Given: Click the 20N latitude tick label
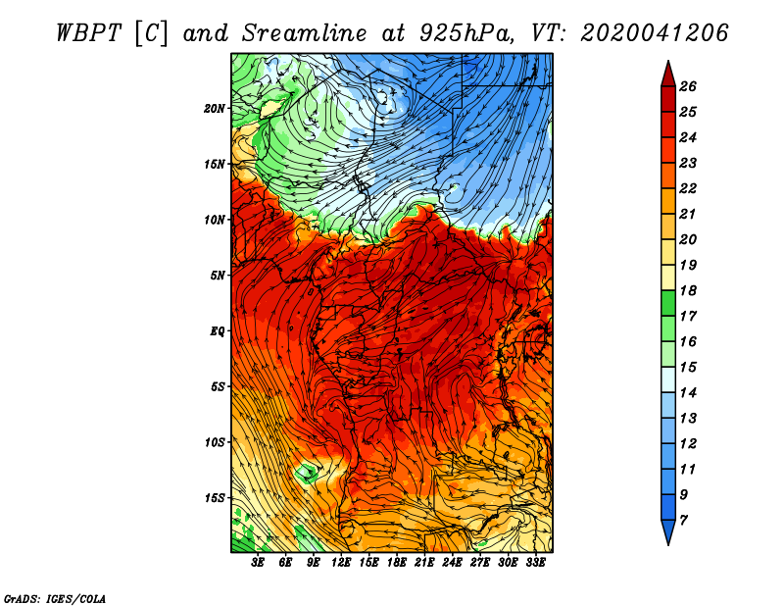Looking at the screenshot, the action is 215,109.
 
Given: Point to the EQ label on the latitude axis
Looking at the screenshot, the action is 218,331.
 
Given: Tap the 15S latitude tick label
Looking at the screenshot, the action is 215,498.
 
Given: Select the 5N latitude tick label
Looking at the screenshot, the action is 218,276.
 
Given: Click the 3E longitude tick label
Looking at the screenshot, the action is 258,563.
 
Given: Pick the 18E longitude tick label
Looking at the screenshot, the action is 397,563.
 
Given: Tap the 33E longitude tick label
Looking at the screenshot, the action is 535,563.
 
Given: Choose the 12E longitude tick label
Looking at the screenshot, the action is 341,563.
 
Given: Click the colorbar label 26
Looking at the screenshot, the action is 688,86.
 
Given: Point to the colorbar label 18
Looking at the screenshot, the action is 688,290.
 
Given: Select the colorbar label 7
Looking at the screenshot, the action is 684,521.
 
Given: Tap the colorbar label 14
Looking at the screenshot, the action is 688,393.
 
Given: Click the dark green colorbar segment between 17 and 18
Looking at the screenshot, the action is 668,303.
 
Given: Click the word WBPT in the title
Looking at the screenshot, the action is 88,33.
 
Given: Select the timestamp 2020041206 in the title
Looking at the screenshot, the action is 655,33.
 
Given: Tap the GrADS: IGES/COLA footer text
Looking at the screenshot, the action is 55,598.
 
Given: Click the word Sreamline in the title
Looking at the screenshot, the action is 305,33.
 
